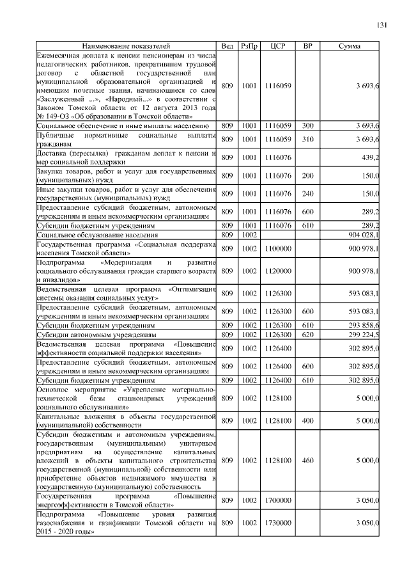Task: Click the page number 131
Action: (x=382, y=25)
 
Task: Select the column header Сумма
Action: (x=349, y=47)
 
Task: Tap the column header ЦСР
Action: (x=277, y=47)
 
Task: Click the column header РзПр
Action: (x=249, y=47)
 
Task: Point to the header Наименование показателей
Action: (x=126, y=47)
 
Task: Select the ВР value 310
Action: (x=307, y=139)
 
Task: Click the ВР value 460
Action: (x=307, y=459)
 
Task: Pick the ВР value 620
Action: (x=307, y=335)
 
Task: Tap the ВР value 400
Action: (x=307, y=420)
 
